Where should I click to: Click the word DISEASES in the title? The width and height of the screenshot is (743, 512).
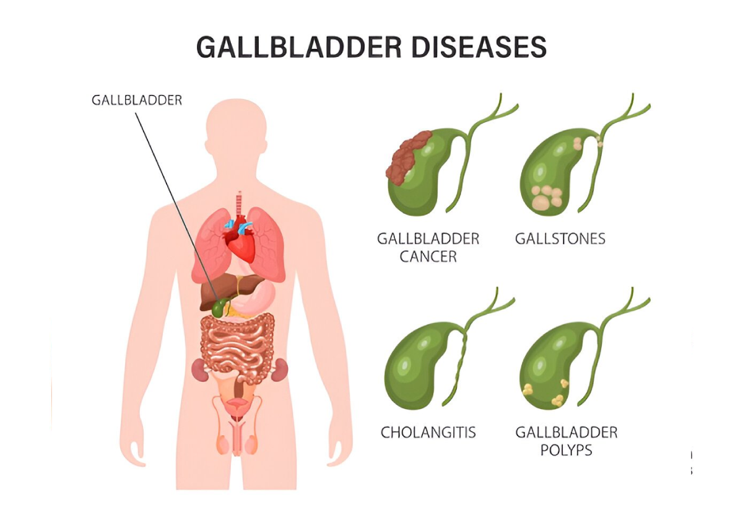[479, 47]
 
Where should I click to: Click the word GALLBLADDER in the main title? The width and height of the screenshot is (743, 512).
[299, 47]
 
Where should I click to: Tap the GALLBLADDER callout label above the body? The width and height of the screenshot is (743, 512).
[137, 100]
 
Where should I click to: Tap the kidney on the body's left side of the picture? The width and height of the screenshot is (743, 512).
[199, 370]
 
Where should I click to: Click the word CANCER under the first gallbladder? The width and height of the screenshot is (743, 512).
[428, 257]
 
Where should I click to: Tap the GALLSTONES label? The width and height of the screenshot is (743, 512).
[560, 239]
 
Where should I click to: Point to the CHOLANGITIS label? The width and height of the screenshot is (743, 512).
[428, 432]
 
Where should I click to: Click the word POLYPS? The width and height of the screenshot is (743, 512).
[566, 450]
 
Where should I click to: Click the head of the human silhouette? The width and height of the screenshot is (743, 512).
[236, 128]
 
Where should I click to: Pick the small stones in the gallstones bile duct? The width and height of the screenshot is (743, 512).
[599, 141]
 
